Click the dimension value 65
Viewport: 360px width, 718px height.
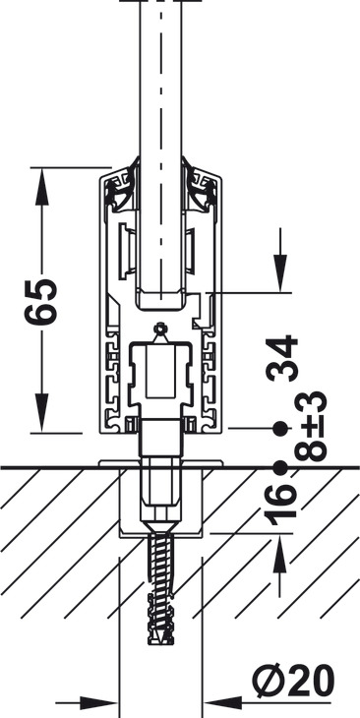(41, 301)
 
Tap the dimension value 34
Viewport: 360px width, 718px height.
(282, 358)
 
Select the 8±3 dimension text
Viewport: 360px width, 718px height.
(311, 426)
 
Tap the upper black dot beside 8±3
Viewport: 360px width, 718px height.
(280, 429)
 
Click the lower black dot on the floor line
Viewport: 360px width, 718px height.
(280, 468)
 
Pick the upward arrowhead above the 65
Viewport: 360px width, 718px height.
(41, 186)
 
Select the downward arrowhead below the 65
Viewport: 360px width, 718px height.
(41, 413)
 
